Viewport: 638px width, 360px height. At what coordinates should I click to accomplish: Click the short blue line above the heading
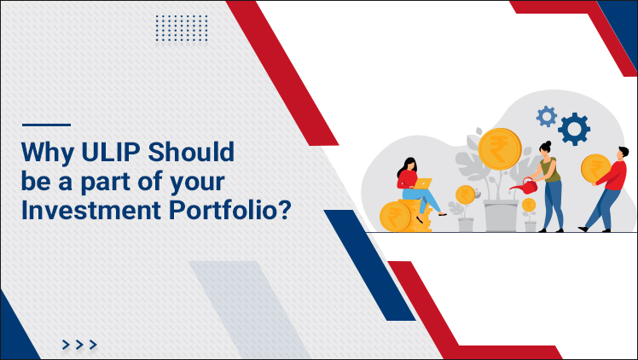pos(45,125)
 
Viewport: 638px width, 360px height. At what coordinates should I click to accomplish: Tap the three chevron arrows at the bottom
pos(79,345)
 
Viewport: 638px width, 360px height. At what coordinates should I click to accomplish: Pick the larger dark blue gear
pos(575,129)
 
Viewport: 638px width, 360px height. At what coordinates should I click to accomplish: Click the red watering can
pos(521,183)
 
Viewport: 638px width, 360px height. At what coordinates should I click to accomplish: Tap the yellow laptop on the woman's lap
pos(424,183)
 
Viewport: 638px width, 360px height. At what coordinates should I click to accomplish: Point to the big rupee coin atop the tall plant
pos(499,148)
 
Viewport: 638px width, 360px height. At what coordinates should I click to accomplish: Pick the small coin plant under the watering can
pos(530,210)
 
